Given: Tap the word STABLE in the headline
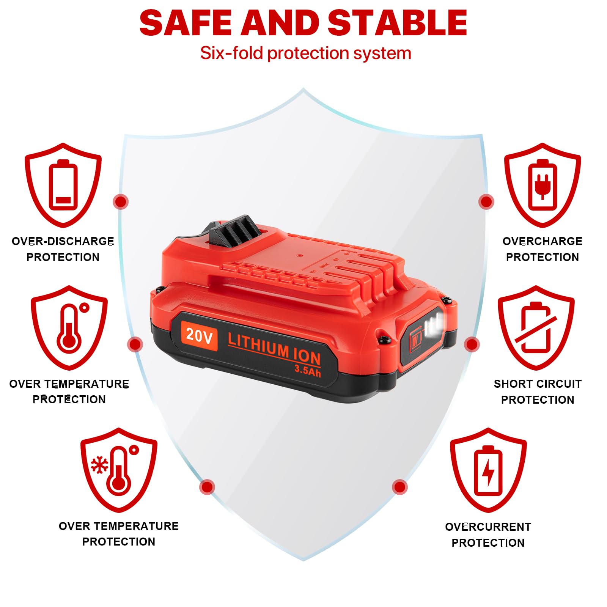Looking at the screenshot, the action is [397, 23].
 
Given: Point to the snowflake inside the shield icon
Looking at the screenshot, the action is [99, 465].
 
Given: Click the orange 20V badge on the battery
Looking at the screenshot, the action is [199, 335].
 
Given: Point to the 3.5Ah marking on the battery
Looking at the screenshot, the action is [308, 371].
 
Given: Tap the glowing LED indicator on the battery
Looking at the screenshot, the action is [434, 324].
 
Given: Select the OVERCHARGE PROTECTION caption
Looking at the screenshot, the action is [542, 249].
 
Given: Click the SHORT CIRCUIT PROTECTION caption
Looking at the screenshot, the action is [538, 392].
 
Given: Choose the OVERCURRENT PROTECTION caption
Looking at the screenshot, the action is [488, 535].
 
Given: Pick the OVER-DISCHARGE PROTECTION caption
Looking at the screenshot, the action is [63, 249].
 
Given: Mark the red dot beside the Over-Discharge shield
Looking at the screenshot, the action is [121, 201].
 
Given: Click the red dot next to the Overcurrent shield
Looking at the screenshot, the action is [399, 487].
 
